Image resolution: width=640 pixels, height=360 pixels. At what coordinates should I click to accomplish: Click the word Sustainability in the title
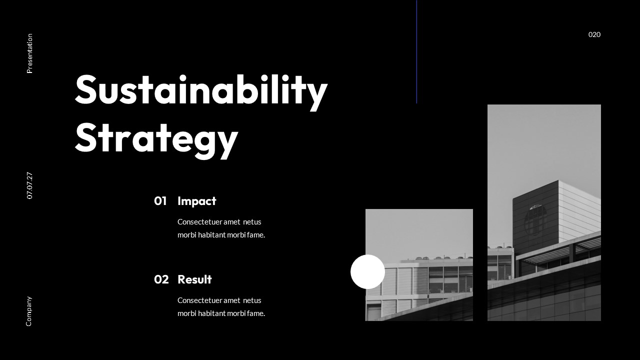point(201,90)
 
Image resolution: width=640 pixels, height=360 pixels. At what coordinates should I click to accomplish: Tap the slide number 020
point(594,34)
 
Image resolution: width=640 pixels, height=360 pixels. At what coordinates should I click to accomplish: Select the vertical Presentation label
point(29,53)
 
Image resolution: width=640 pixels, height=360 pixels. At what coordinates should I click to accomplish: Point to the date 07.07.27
point(29,185)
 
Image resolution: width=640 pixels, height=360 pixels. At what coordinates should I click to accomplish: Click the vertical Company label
point(29,311)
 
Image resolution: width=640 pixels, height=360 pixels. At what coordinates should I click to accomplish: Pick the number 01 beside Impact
point(160,201)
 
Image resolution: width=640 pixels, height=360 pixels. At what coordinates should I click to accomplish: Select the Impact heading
point(196,201)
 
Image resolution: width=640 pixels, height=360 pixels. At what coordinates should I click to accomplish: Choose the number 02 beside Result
point(161,279)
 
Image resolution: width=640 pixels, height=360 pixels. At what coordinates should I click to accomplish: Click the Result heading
point(194,279)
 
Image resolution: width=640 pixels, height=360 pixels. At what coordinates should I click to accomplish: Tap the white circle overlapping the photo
point(367,271)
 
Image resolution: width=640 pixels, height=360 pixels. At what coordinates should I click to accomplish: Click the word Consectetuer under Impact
point(199,222)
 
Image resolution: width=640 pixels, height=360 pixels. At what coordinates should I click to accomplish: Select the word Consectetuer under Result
point(199,300)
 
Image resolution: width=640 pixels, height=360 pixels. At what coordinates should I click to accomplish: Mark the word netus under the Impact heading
point(252,222)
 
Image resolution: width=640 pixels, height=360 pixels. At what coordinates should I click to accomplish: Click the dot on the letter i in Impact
point(179,196)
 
